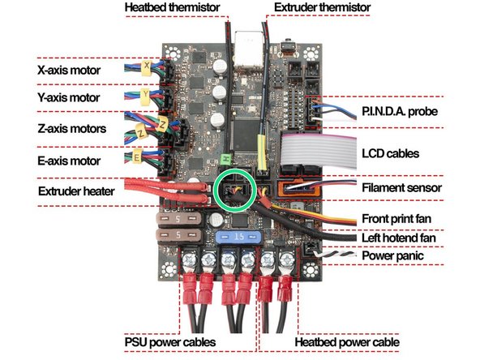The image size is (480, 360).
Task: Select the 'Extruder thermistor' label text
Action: coord(321,8)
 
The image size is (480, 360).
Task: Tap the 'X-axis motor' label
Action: coord(69,71)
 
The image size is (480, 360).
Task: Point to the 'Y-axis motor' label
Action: coord(69,98)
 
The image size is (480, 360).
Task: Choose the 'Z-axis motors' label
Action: coord(71,129)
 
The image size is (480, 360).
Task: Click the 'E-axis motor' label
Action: coord(69,159)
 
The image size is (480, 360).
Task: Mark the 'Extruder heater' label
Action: coord(77,191)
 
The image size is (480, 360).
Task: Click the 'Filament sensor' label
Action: coord(401,187)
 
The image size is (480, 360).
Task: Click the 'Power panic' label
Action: coord(392,255)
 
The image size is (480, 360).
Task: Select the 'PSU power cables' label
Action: coord(170,343)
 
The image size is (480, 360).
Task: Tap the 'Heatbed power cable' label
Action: coord(347,343)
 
